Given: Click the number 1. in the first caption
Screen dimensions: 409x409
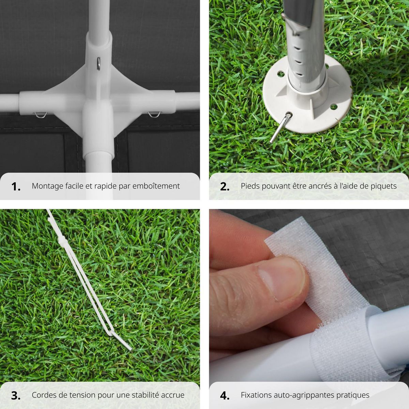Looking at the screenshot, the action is coord(16,186).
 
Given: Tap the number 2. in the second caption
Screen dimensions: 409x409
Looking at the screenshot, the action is coord(225,186).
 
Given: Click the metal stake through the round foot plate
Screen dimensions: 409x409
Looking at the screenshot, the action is coord(280,128).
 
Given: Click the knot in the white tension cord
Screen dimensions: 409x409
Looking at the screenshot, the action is coord(62,241).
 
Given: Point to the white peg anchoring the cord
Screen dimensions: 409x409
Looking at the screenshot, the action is coord(121,341).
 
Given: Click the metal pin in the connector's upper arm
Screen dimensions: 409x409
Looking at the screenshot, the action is coord(98,63).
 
